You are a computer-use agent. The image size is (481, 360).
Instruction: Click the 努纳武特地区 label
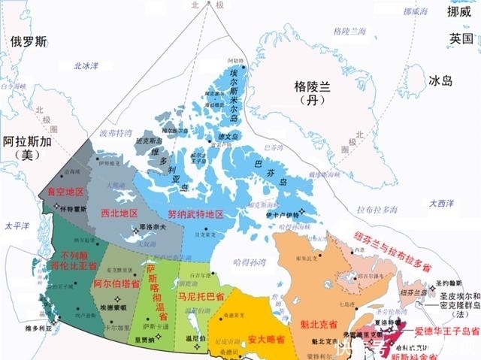point(195,214)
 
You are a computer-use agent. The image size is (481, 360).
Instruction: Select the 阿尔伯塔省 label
point(116,285)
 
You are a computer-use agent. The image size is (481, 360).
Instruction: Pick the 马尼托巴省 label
point(201,297)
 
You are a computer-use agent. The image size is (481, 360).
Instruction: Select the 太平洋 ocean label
point(16,225)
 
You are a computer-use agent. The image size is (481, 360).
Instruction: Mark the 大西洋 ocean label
point(442,203)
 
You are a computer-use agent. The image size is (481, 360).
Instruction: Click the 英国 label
point(461,38)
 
